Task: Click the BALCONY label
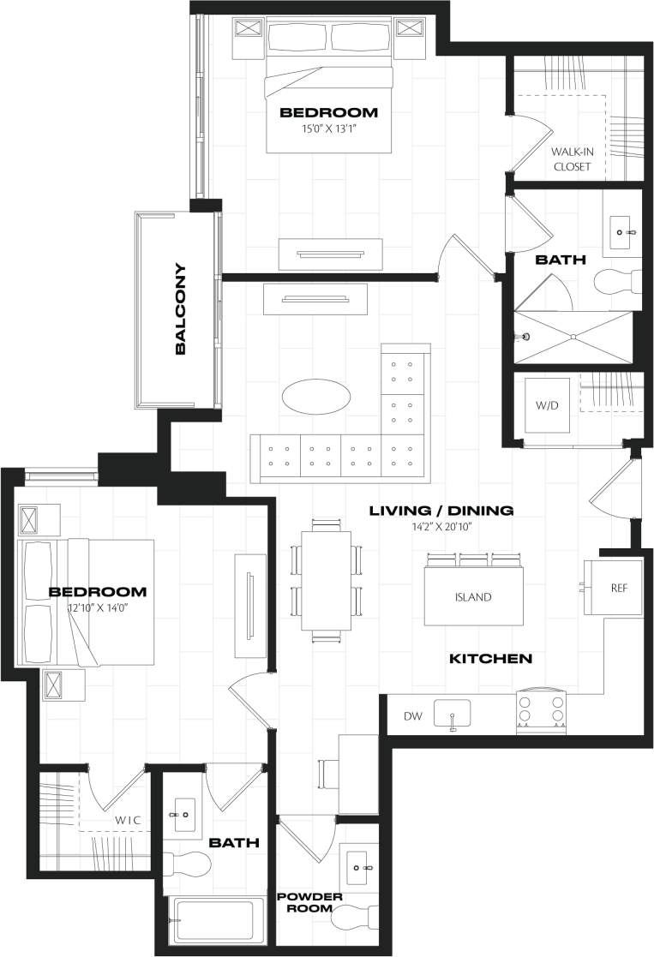181,308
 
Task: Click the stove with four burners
541,712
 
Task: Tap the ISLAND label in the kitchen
473,597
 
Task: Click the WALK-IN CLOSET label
572,159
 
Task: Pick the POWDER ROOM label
309,902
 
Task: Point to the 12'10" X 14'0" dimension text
97,607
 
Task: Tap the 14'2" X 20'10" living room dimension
441,527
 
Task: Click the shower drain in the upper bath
526,336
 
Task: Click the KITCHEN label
491,659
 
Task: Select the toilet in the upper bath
618,283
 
